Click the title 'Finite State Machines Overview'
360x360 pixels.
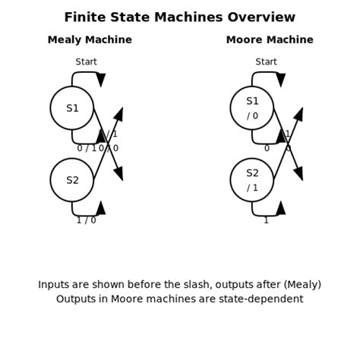(179, 17)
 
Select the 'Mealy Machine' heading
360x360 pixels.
(90, 40)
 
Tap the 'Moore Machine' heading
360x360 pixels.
(270, 40)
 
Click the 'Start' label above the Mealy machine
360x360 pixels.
(87, 62)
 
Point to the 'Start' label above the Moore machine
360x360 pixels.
(267, 62)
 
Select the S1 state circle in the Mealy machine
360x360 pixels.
(72, 108)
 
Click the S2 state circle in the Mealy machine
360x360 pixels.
(72, 180)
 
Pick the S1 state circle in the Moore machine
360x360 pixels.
(252, 108)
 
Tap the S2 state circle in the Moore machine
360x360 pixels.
(252, 180)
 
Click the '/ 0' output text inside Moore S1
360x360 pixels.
(252, 116)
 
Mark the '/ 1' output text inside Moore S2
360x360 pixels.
(252, 188)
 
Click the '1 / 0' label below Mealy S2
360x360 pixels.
(87, 220)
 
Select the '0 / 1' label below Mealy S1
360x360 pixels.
(87, 149)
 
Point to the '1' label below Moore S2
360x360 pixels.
(266, 220)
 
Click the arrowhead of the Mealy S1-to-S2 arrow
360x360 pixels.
(118, 173)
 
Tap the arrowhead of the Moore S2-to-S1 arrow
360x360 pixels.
(298, 115)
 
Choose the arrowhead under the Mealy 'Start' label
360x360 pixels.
(101, 80)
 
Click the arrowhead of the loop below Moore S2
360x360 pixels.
(281, 208)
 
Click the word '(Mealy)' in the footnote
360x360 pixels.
(302, 285)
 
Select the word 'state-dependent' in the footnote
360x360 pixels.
(263, 299)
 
